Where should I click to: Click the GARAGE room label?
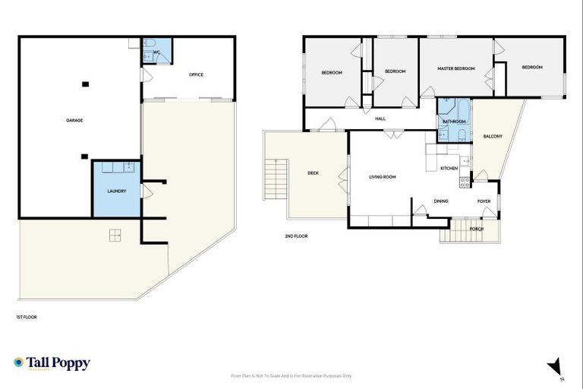[74, 120]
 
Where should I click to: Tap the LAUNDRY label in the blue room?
[116, 191]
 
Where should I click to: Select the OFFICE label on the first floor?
[196, 74]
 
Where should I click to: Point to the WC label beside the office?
[156, 52]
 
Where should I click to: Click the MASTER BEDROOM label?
[455, 68]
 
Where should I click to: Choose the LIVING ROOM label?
[383, 177]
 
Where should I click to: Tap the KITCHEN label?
[449, 167]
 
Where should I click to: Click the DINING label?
[440, 201]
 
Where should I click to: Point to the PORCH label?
[477, 228]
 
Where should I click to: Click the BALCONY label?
[493, 136]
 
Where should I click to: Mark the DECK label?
[313, 173]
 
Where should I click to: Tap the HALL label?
[380, 118]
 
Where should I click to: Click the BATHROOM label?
[454, 121]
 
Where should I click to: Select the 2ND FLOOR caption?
[296, 236]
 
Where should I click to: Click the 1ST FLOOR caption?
[27, 317]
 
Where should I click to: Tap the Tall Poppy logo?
[52, 363]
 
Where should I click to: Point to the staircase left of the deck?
[274, 180]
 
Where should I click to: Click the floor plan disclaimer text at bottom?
[291, 375]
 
